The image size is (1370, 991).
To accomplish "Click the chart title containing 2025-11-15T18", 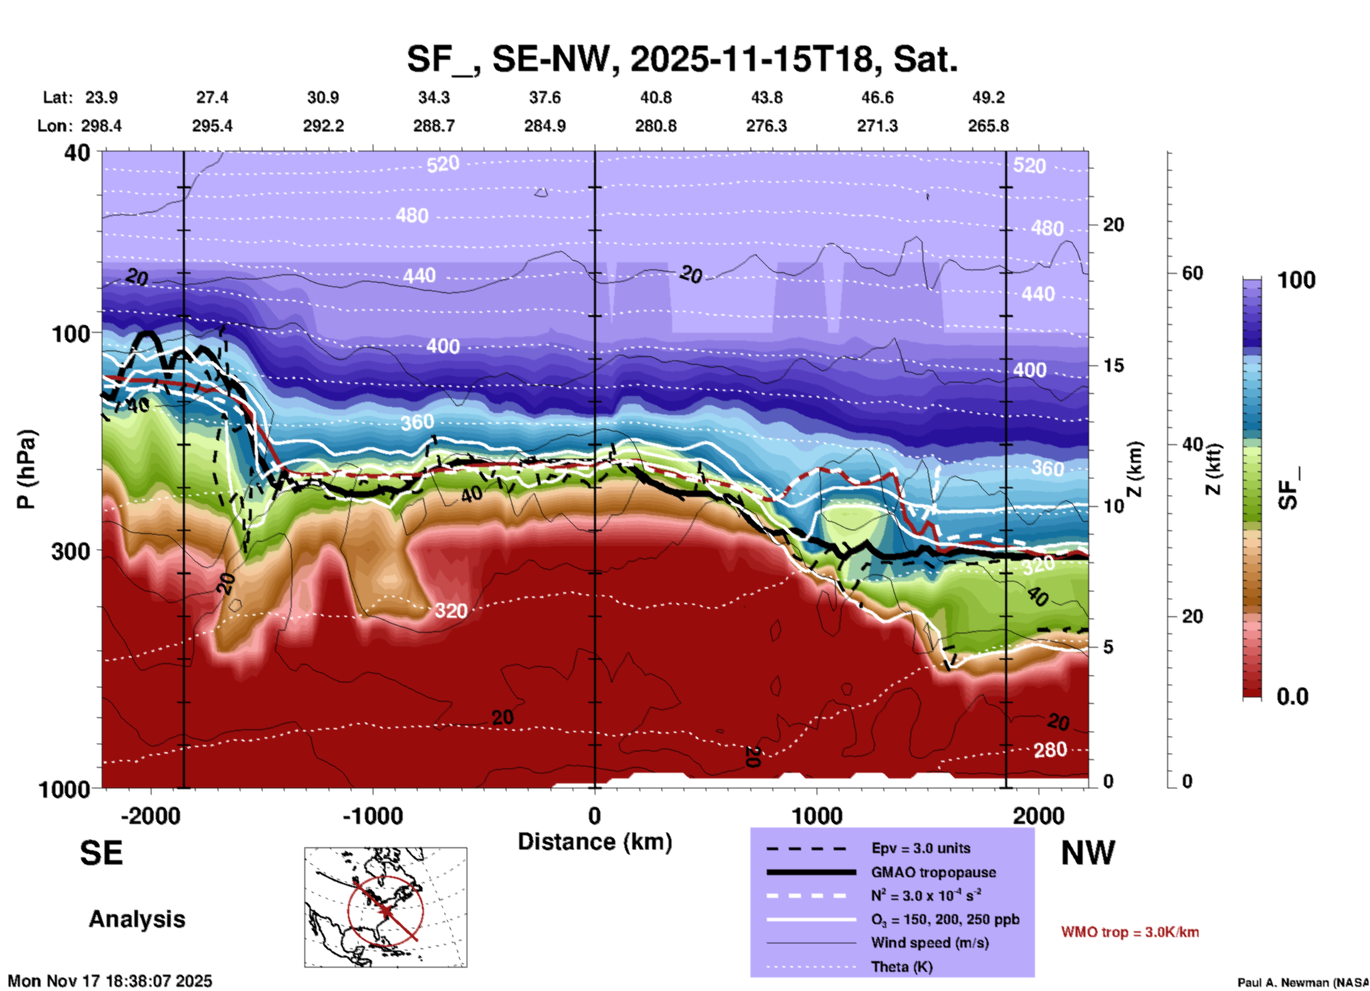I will [681, 58].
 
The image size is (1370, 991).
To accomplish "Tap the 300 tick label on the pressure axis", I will [70, 551].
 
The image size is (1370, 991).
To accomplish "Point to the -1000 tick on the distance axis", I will [373, 815].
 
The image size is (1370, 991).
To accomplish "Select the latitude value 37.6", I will [544, 97].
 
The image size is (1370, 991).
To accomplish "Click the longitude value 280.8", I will [655, 126].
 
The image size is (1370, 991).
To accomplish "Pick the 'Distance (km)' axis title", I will [595, 842].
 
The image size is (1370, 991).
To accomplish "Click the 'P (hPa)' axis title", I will [26, 469].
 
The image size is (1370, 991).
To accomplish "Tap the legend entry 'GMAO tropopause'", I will [933, 872].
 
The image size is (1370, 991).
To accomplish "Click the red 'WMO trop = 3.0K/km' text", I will [1130, 932].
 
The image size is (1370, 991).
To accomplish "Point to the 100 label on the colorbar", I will [1296, 280].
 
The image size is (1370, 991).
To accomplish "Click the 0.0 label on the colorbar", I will [1292, 696].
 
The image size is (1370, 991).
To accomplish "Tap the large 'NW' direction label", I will [1088, 853].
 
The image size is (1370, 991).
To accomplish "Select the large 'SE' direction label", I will [101, 853].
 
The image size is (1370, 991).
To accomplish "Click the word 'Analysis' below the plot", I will [137, 919].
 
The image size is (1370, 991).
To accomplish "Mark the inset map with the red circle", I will [386, 907].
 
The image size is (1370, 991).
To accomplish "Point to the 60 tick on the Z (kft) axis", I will [1192, 273].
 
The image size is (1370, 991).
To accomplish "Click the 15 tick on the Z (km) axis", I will [1113, 365].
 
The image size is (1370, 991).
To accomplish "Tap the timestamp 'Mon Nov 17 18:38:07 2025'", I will [110, 981].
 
